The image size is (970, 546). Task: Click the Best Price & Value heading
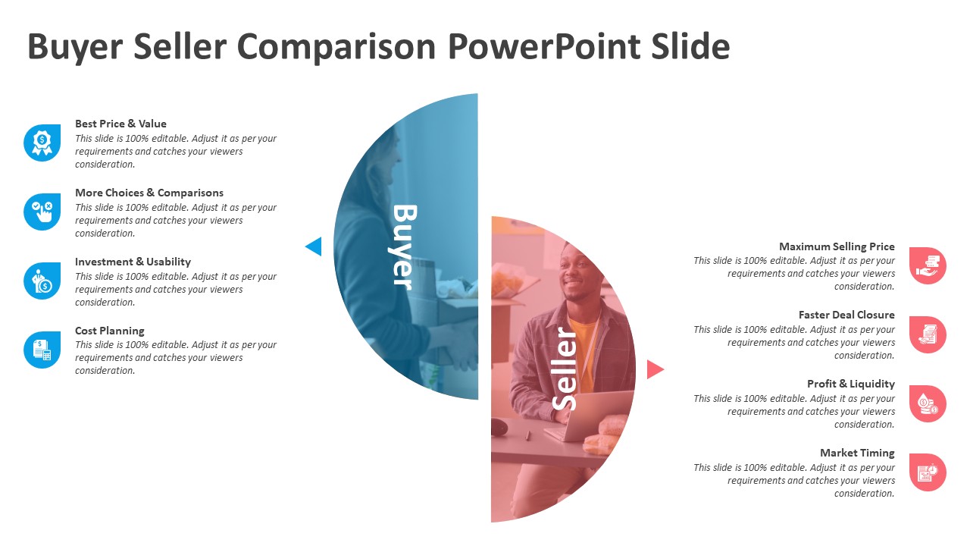point(120,124)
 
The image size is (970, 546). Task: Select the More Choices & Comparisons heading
point(149,193)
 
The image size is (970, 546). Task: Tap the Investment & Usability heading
point(133,262)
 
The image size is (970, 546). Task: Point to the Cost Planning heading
point(109,331)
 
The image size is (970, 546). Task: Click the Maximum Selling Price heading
point(837,246)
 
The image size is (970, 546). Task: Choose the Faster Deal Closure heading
point(846,315)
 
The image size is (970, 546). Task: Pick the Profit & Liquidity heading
point(850,384)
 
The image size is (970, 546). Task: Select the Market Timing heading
point(857,453)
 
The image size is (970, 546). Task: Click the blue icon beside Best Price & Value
point(42,143)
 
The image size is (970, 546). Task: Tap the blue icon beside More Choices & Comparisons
point(42,212)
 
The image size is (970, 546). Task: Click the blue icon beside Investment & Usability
point(42,281)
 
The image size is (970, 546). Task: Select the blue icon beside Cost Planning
point(42,350)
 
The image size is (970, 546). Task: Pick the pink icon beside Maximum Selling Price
point(928,265)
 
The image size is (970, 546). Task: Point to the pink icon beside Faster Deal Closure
point(928,334)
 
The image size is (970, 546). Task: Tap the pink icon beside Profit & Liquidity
point(928,403)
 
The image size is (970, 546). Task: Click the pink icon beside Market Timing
point(928,472)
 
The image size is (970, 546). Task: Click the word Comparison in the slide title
point(336,47)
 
